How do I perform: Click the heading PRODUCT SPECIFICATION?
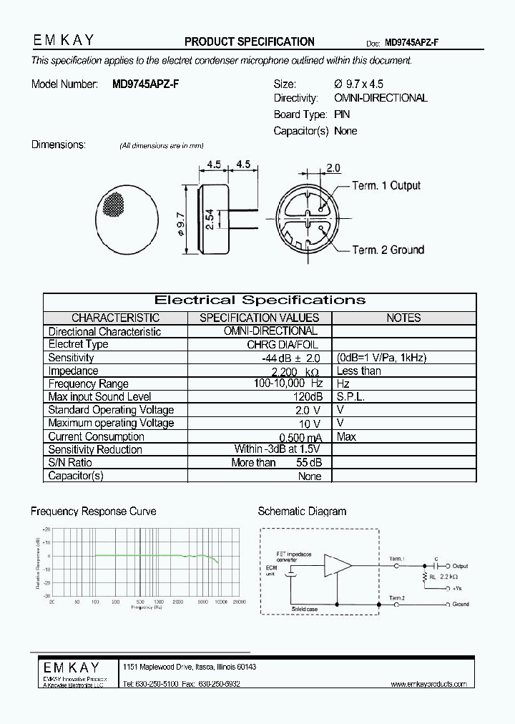250,41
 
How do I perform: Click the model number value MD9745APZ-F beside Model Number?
146,84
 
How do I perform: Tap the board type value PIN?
341,114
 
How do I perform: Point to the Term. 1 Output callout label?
386,185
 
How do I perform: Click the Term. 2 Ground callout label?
388,250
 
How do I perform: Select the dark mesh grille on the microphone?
114,204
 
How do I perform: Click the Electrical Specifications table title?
260,300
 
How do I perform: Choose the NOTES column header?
403,318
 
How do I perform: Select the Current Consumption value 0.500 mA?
299,437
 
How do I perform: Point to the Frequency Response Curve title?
93,512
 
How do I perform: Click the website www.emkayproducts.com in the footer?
428,685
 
